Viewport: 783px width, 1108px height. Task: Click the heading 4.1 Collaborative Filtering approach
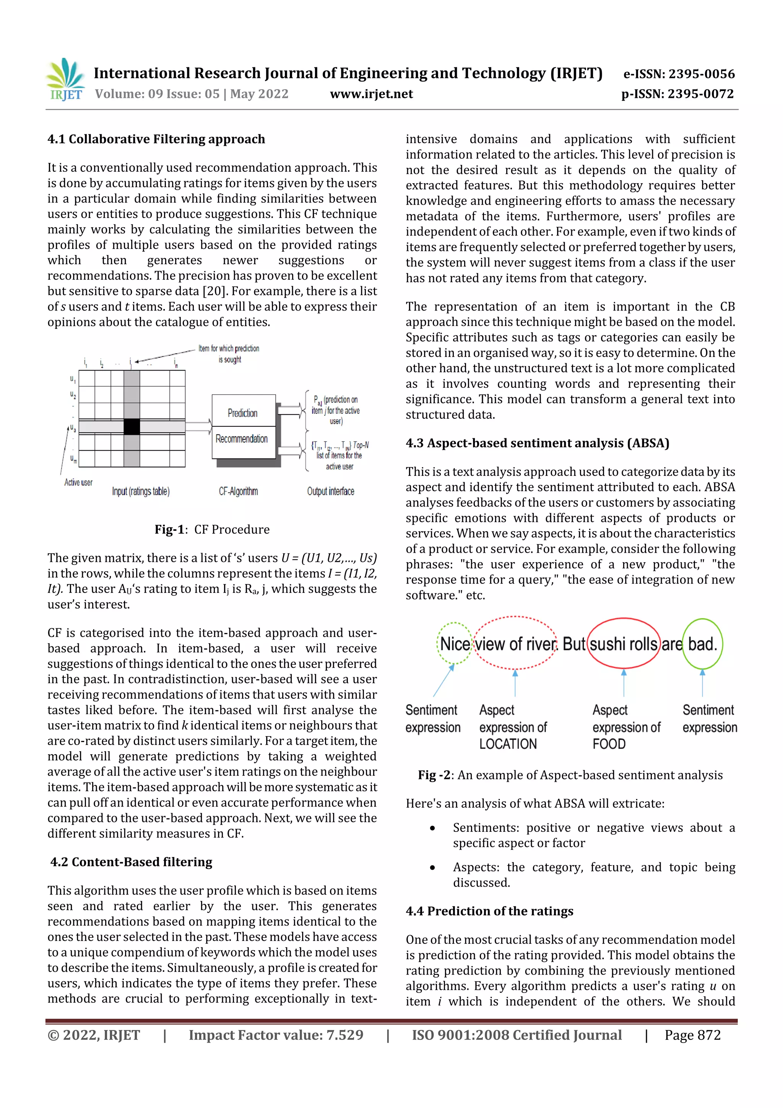(x=156, y=140)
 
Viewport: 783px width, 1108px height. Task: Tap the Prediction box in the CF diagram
(x=243, y=413)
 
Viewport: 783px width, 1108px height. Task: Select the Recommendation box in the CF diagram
(x=242, y=439)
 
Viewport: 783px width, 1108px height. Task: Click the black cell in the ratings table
(x=132, y=426)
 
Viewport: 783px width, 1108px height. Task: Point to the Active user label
(x=78, y=482)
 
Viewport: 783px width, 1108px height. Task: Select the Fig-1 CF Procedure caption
(x=212, y=529)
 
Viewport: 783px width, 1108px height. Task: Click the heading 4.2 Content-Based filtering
(x=131, y=862)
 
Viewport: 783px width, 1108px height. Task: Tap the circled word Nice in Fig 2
(x=455, y=644)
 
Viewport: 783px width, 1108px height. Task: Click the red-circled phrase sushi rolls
(x=623, y=644)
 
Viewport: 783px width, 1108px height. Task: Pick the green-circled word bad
(x=702, y=644)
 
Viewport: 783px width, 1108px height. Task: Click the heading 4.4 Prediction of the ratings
(x=489, y=911)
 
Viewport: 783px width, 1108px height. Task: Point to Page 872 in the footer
(x=692, y=1035)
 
